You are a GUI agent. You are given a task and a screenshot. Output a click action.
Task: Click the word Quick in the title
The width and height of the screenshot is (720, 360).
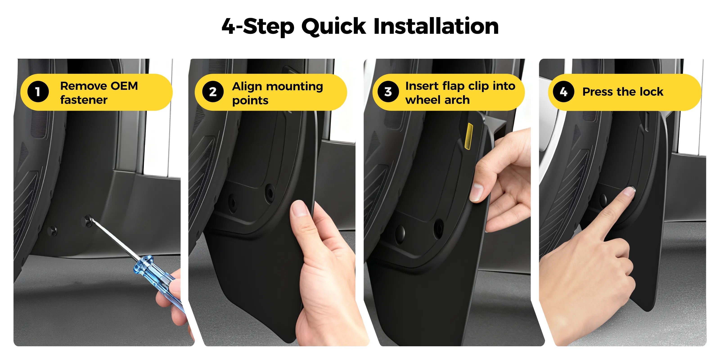(333, 27)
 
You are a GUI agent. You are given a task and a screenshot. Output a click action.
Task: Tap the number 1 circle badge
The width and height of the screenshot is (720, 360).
(38, 92)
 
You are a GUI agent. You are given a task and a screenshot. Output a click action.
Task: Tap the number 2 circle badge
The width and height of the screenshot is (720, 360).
(213, 92)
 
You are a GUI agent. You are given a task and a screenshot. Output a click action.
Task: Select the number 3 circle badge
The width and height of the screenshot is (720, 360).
(388, 92)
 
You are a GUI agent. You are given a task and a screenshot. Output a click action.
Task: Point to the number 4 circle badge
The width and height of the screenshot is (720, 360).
(563, 92)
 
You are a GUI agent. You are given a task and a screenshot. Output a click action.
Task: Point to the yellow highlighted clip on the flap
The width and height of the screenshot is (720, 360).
(468, 136)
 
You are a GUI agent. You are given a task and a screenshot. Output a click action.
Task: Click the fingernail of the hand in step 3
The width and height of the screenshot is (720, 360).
(476, 192)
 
